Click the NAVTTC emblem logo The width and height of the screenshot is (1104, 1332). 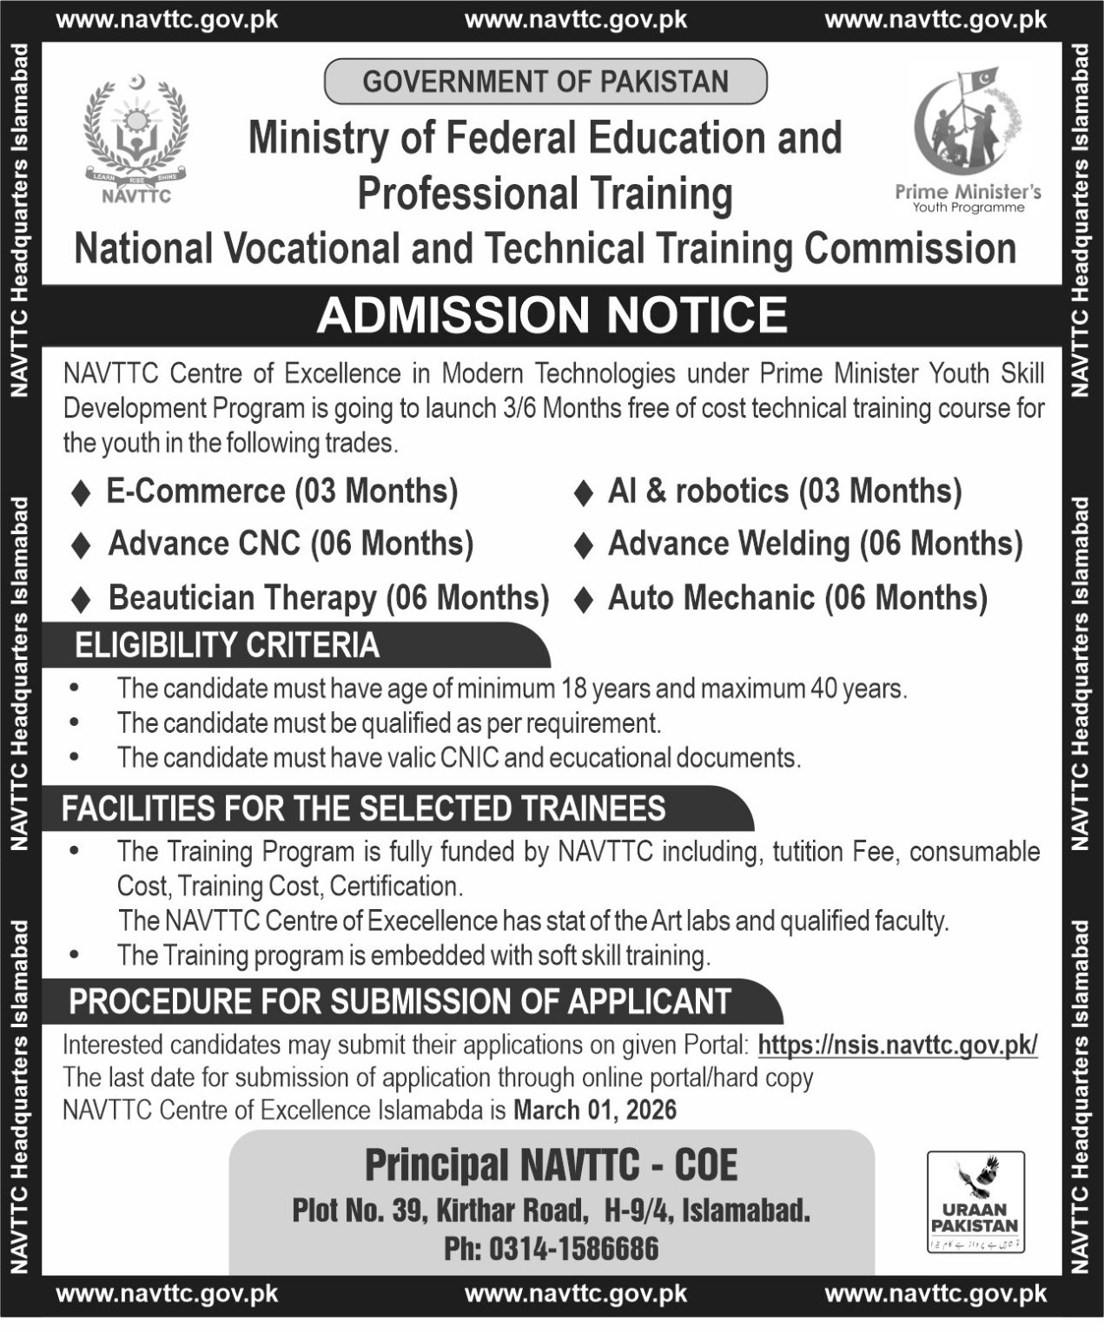pyautogui.click(x=136, y=139)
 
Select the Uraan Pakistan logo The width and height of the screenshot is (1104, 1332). pyautogui.click(x=975, y=1202)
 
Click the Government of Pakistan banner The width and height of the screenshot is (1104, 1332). pyautogui.click(x=545, y=82)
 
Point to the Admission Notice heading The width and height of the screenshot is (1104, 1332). pyautogui.click(x=552, y=314)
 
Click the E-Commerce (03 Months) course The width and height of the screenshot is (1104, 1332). pyautogui.click(x=281, y=491)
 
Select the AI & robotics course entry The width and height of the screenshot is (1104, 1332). pyautogui.click(x=784, y=491)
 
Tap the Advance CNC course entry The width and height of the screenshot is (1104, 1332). pyautogui.click(x=290, y=544)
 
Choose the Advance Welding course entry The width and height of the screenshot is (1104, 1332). pyautogui.click(x=815, y=544)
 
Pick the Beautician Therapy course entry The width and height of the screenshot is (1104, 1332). pyautogui.click(x=328, y=598)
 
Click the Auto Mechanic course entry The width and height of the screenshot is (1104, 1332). pyautogui.click(x=797, y=598)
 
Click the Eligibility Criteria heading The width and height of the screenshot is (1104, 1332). pyautogui.click(x=228, y=645)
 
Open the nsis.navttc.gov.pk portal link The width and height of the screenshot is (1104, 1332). pyautogui.click(x=897, y=1045)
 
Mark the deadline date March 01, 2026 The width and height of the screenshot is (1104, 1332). pyautogui.click(x=595, y=1110)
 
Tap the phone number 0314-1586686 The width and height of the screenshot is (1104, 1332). pyautogui.click(x=573, y=1249)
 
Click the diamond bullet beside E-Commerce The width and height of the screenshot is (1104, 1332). pyautogui.click(x=81, y=493)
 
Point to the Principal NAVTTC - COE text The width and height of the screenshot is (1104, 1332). pyautogui.click(x=551, y=1165)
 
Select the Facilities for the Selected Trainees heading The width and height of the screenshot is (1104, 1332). pyautogui.click(x=363, y=808)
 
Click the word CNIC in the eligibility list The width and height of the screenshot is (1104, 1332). pyautogui.click(x=469, y=758)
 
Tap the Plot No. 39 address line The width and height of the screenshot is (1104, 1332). pyautogui.click(x=551, y=1210)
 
